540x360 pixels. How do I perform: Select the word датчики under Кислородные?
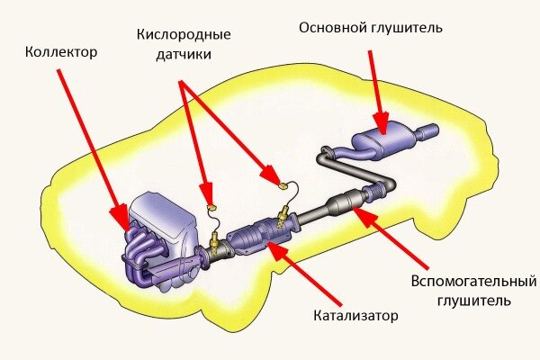tap(184, 54)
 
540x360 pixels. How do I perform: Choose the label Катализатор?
tap(355, 316)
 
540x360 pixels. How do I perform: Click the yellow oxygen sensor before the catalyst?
tap(215, 241)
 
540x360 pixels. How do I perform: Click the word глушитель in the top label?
tap(409, 28)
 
